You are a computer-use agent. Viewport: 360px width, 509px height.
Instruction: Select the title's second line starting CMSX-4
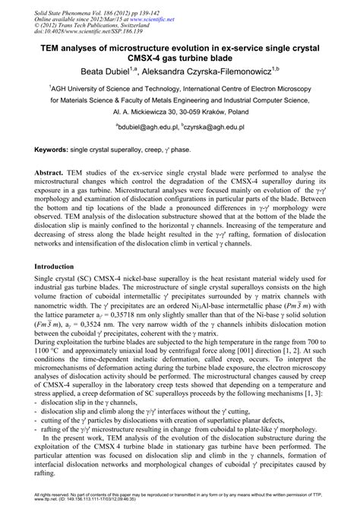179,56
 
